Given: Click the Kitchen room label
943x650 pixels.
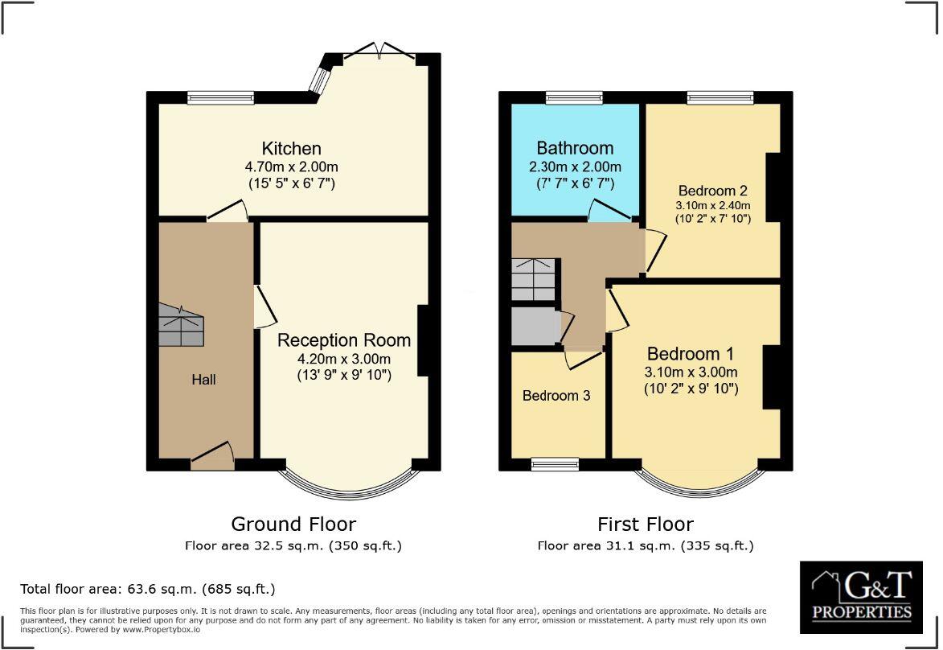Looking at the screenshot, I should click(x=291, y=149).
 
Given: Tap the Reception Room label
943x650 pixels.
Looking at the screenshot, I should click(x=344, y=340).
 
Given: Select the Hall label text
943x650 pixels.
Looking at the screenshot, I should click(x=203, y=379).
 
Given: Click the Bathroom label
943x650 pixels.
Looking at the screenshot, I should click(x=575, y=149).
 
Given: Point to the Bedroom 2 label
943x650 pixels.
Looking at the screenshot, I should click(x=712, y=191).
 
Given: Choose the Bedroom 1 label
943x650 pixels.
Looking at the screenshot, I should click(x=691, y=354).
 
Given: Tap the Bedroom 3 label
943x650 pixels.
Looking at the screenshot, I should click(x=556, y=396).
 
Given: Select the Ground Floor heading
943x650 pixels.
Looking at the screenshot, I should click(x=293, y=525).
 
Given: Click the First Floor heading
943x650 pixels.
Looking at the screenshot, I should click(x=645, y=525).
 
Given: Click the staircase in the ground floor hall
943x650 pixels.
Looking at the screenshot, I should click(x=183, y=326).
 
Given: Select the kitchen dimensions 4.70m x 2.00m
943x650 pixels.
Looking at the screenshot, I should click(x=291, y=167).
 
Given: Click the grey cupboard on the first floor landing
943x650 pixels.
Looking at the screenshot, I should click(x=535, y=326).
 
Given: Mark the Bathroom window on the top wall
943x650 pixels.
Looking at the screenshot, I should click(x=574, y=97).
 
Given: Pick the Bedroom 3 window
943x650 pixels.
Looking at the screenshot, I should click(x=555, y=464).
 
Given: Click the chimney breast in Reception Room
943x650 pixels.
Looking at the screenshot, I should click(x=423, y=341).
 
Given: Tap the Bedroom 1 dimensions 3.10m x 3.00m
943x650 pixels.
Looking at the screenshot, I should click(x=691, y=372).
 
